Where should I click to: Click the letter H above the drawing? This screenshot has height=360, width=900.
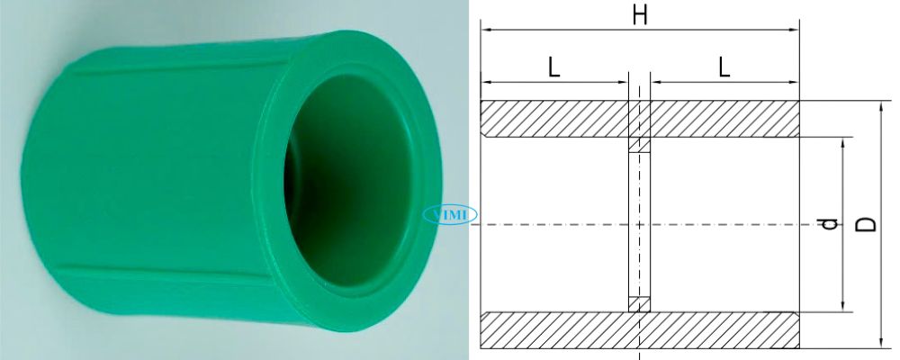click(x=640, y=15)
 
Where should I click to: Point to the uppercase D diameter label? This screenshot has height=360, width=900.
click(x=866, y=222)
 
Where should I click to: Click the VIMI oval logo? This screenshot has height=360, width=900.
click(x=451, y=215)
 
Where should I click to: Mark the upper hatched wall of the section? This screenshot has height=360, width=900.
click(x=558, y=118)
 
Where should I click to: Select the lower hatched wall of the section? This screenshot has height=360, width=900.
click(x=558, y=329)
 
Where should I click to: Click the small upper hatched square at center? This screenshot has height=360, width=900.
click(x=639, y=145)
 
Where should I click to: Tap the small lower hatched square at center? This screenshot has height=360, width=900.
click(x=639, y=303)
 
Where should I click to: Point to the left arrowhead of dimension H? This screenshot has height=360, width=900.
click(x=486, y=31)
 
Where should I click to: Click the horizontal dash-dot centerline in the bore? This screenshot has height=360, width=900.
click(x=720, y=223)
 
